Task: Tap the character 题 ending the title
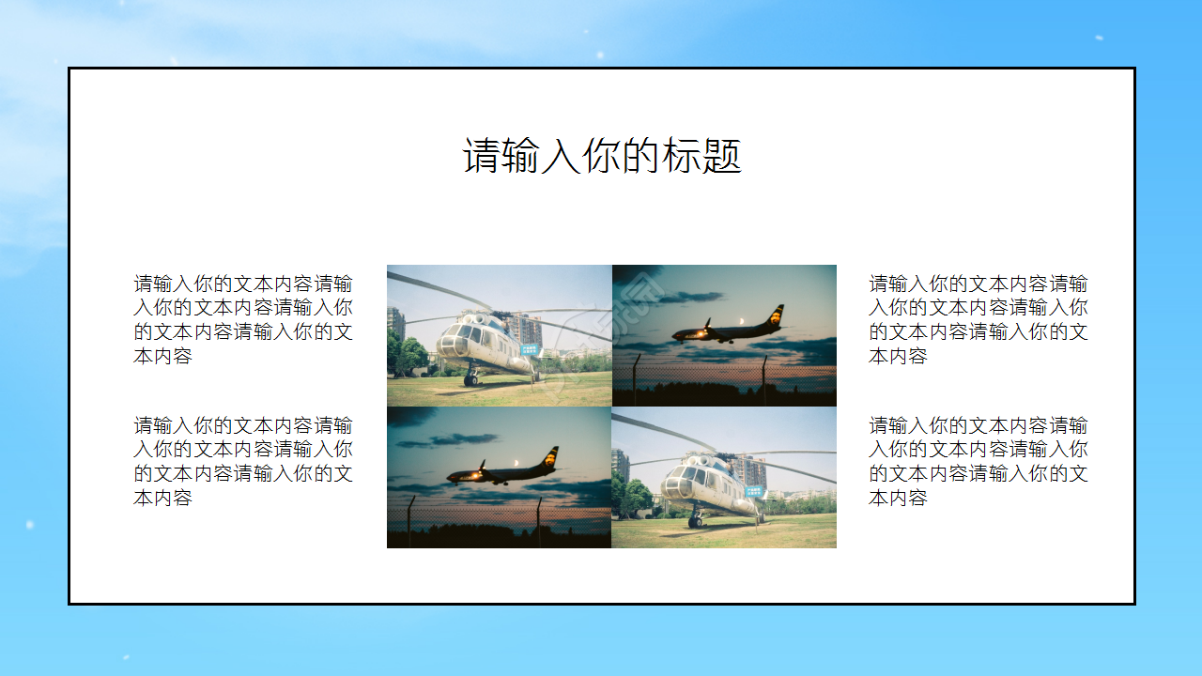(x=723, y=157)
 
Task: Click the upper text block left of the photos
(x=243, y=319)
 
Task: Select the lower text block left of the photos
(x=243, y=461)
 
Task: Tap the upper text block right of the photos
(x=979, y=319)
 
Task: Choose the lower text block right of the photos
(x=979, y=461)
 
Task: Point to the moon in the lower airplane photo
(x=516, y=463)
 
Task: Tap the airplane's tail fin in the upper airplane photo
(x=777, y=315)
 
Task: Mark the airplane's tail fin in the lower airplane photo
(x=551, y=456)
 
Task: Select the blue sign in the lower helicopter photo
(x=755, y=490)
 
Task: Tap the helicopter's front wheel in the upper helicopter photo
(x=470, y=379)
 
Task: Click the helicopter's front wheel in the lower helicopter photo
(x=695, y=520)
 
